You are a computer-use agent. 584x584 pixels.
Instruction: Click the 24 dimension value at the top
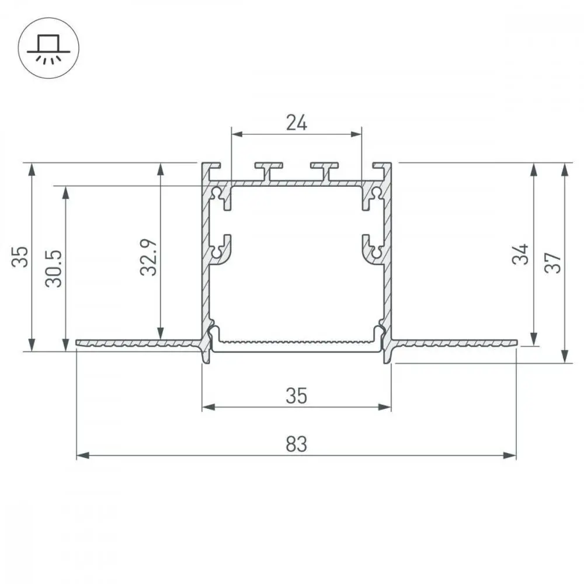297,123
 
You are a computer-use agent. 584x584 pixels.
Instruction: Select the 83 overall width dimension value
297,444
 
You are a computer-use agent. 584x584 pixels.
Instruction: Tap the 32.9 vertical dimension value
149,257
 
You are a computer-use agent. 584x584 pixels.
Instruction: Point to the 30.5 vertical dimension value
54,269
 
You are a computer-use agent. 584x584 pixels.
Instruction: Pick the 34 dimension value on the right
520,255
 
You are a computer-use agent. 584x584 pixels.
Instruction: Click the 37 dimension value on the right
552,263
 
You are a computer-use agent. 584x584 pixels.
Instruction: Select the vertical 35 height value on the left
20,257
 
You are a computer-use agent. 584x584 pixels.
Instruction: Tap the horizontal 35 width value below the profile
297,395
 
